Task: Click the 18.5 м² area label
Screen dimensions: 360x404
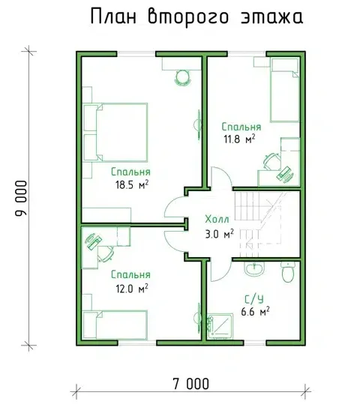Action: (x=132, y=184)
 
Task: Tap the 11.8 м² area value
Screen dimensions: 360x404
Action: (x=239, y=139)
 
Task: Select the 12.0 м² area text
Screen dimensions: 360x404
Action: (x=132, y=289)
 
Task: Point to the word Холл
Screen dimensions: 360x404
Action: (x=217, y=220)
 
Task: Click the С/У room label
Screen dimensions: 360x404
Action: (x=254, y=299)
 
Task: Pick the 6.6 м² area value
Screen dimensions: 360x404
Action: (x=255, y=312)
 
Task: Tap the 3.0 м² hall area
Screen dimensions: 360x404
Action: (x=220, y=234)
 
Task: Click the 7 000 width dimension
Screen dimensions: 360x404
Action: (x=190, y=385)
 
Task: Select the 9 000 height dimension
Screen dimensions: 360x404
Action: (x=22, y=198)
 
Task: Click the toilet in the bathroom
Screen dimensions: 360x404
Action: (x=288, y=272)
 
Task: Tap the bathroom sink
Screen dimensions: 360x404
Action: (x=254, y=269)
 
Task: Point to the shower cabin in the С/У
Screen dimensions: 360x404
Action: (x=220, y=326)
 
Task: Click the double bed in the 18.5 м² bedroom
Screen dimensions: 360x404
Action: (x=115, y=133)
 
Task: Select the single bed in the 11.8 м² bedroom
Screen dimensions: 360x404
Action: (x=285, y=90)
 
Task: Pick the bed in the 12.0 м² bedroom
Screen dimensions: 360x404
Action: (x=115, y=325)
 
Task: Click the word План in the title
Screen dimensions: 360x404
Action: (x=113, y=17)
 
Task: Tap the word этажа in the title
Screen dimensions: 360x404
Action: (x=271, y=17)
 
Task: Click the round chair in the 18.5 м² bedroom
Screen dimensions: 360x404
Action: (x=183, y=77)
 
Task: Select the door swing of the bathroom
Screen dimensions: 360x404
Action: (x=220, y=269)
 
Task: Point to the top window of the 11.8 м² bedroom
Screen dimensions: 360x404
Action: (x=247, y=54)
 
